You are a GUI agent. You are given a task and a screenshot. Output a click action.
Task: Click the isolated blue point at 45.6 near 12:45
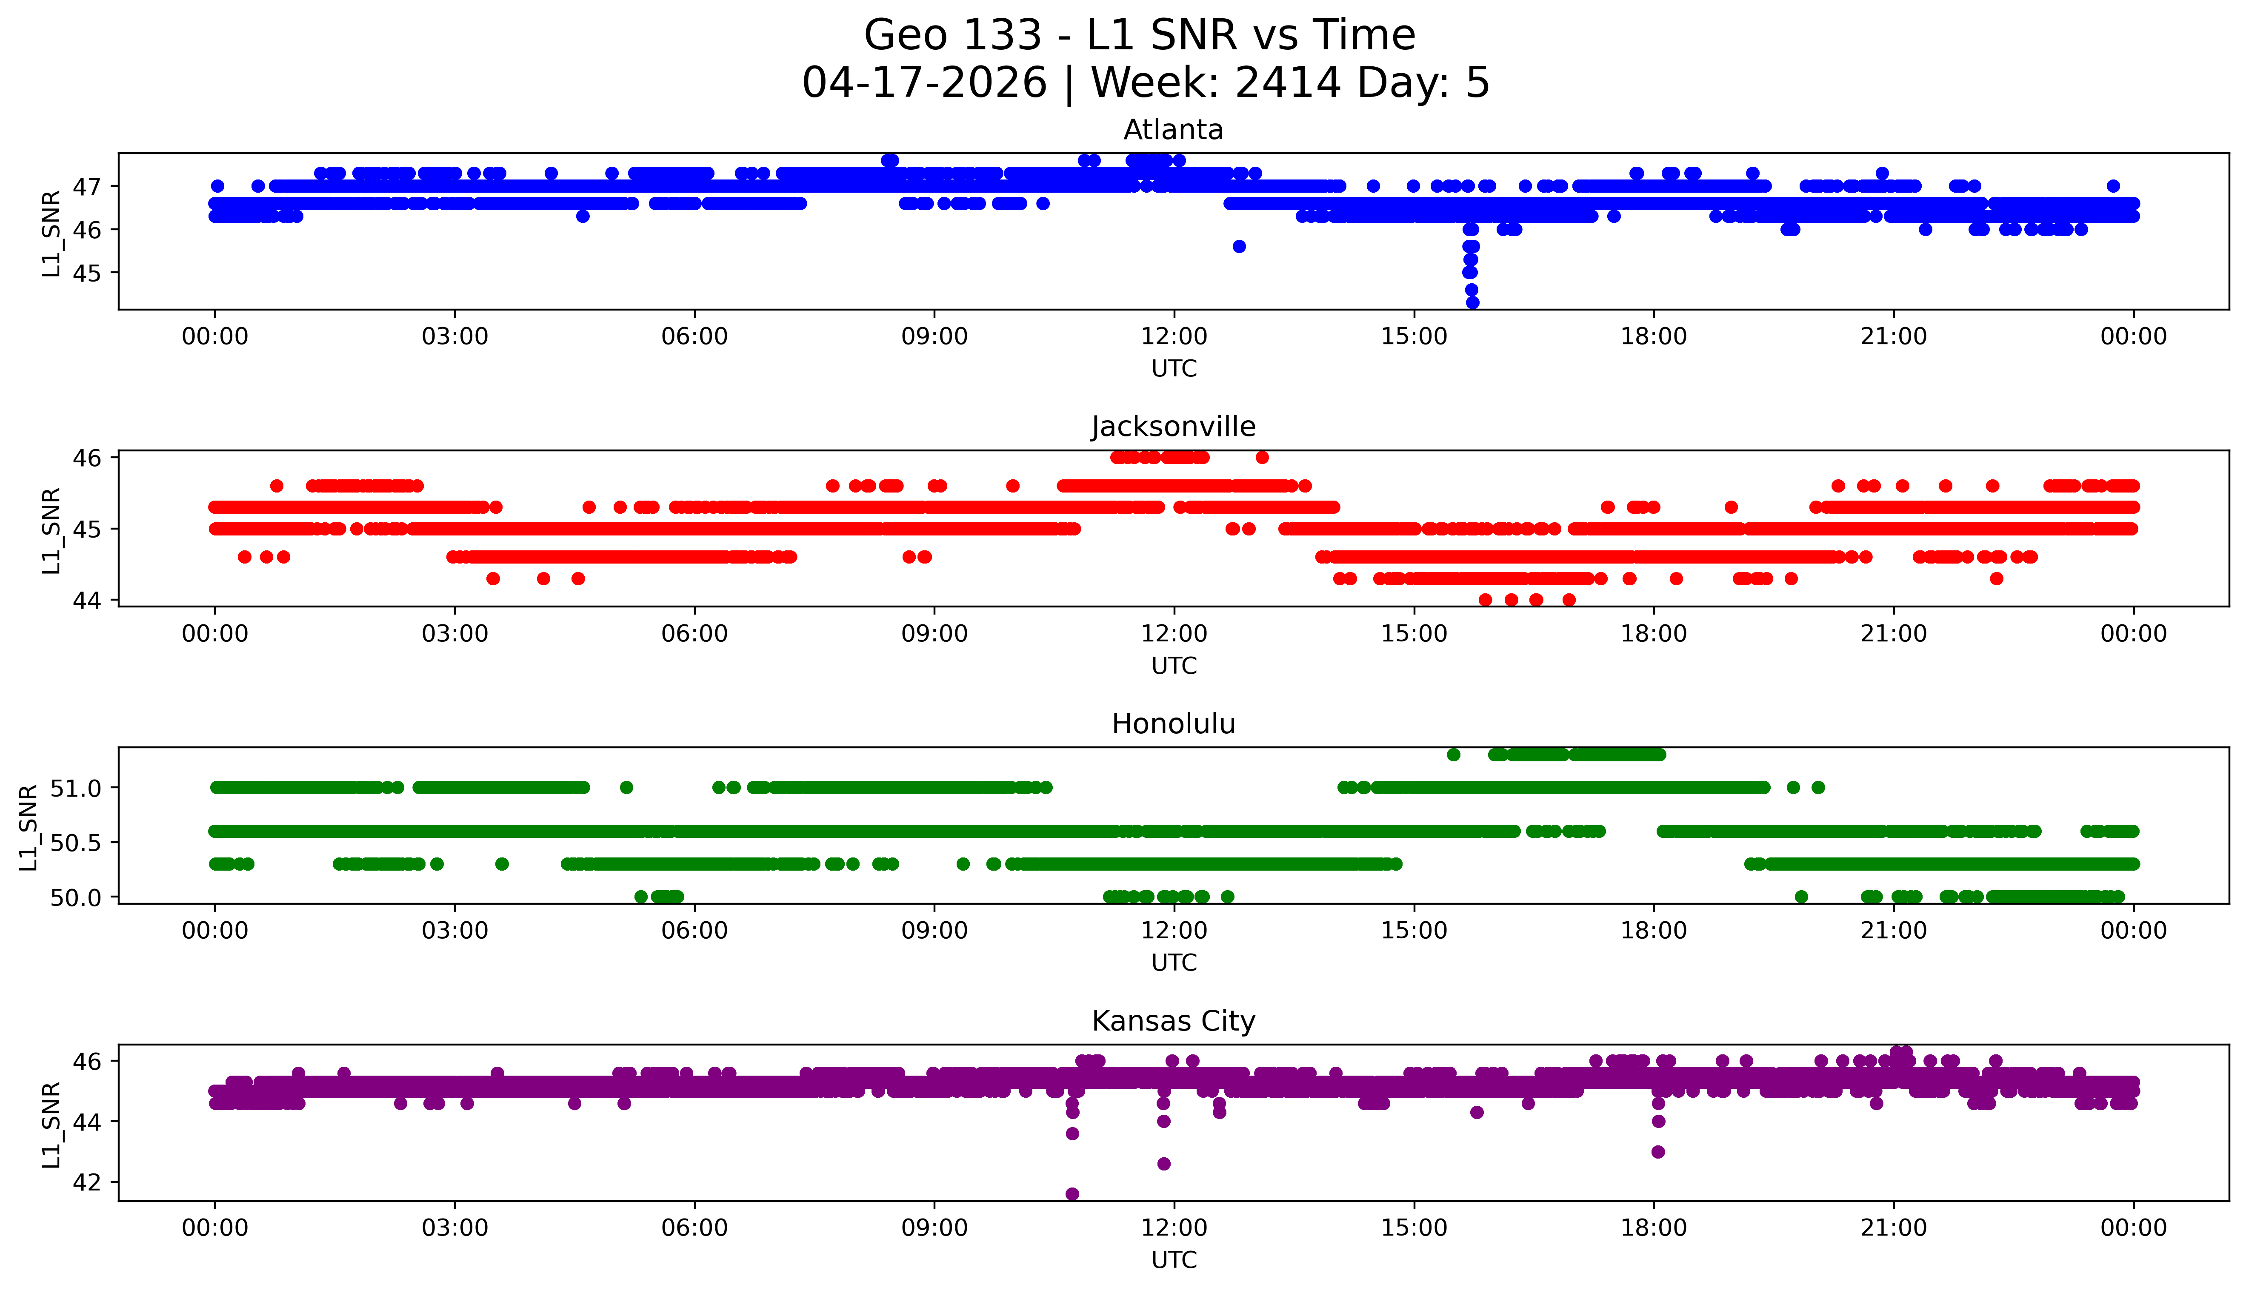(x=1239, y=246)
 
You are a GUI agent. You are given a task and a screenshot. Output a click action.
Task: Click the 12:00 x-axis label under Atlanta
(x=1174, y=337)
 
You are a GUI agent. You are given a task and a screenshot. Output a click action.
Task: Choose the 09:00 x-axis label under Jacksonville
(x=934, y=633)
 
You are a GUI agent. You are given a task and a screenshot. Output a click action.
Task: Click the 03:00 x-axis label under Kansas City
(x=455, y=1228)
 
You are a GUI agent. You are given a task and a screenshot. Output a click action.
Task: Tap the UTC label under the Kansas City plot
(x=1174, y=1259)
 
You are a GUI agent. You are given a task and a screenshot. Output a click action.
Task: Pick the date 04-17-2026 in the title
(x=924, y=83)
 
